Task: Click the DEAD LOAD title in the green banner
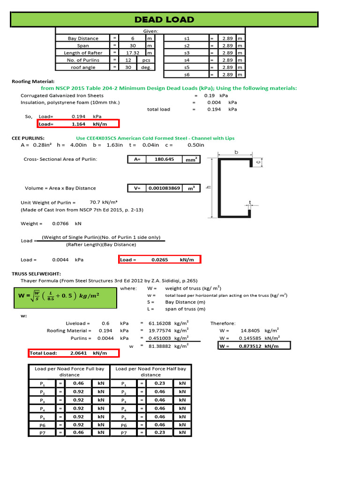coord(164,19)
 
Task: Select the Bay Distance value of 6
coord(132,38)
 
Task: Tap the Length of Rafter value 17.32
coord(132,53)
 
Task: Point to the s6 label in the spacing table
coord(187,75)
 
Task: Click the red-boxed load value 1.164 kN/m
coord(82,124)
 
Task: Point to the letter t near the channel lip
coord(250,203)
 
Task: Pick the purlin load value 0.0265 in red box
coord(159,260)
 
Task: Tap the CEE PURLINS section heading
coord(28,138)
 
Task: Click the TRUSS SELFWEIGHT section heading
coord(37,273)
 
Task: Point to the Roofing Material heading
coord(33,82)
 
